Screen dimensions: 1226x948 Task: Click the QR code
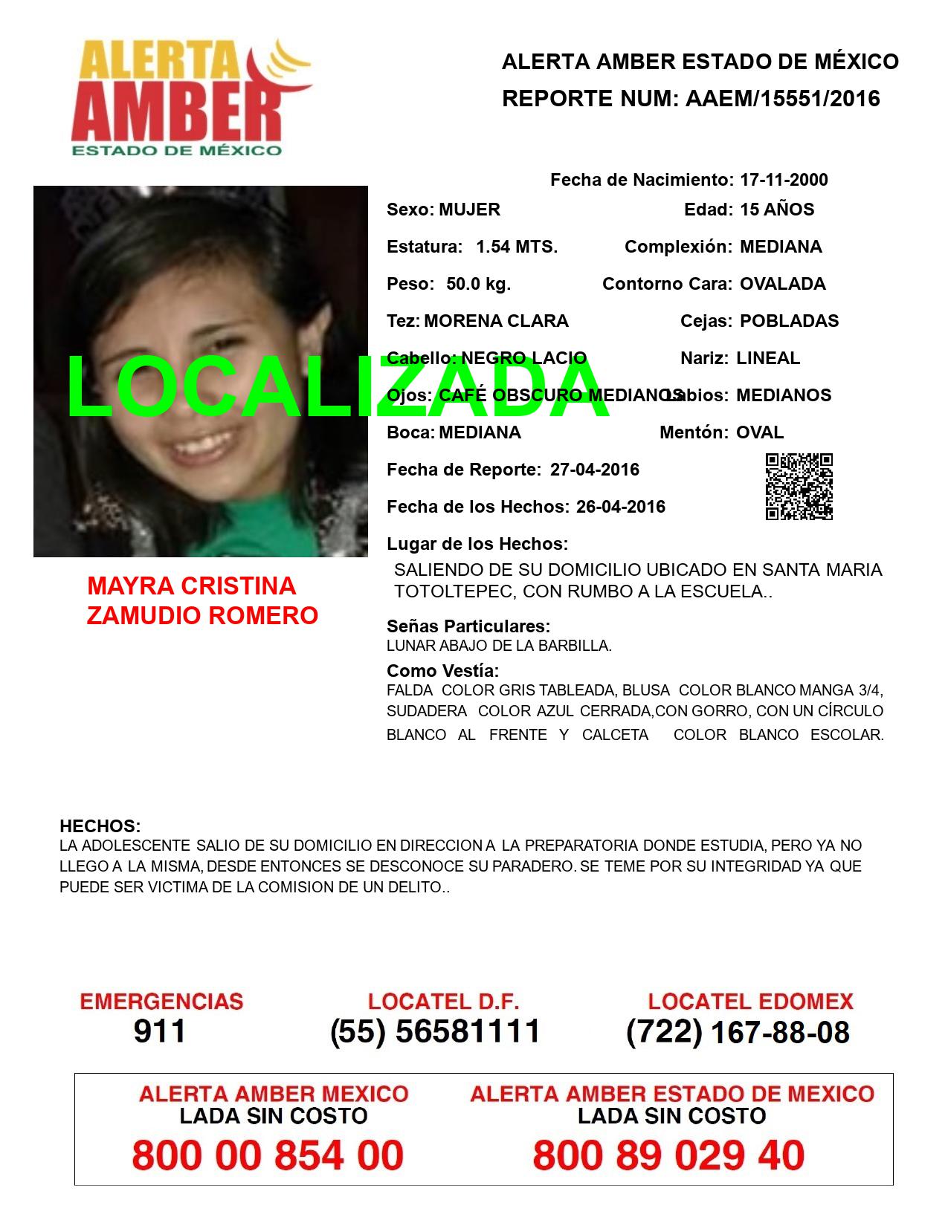point(799,487)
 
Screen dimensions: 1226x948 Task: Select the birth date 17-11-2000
point(784,180)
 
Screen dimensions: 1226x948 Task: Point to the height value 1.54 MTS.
point(517,247)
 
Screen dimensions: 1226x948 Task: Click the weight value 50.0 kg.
point(478,284)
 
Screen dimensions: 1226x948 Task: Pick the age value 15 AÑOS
point(777,210)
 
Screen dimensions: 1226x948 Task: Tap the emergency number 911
point(159,1031)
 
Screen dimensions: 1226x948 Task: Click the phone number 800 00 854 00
point(268,1155)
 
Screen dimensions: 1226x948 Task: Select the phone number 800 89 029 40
point(668,1155)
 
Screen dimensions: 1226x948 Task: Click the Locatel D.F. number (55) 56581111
point(435,1031)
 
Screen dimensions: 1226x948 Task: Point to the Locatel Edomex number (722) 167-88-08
point(738,1031)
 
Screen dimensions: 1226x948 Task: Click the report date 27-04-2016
point(595,470)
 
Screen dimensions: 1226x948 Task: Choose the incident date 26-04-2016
point(621,507)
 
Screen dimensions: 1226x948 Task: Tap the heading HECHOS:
point(100,826)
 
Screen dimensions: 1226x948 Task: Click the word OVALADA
point(782,284)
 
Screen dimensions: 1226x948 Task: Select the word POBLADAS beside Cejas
point(789,321)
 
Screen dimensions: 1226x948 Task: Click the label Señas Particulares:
point(468,626)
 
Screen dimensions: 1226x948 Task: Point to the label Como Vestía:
point(442,671)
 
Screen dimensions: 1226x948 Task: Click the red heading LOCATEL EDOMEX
point(750,1002)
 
